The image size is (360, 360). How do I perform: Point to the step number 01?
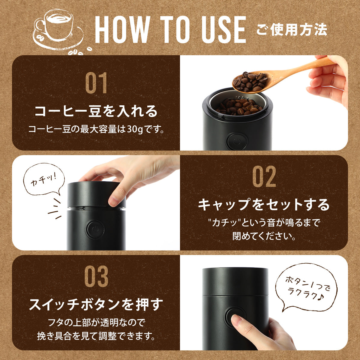pyautogui.click(x=96, y=83)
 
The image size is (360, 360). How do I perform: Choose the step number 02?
pyautogui.click(x=264, y=176)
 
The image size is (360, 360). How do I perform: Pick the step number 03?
pyautogui.click(x=96, y=276)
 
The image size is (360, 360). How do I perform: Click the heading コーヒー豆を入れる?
pyautogui.click(x=96, y=111)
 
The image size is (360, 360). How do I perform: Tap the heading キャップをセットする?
pyautogui.click(x=264, y=205)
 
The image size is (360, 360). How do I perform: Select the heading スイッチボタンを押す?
pyautogui.click(x=96, y=304)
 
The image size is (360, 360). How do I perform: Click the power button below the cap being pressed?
pyautogui.click(x=95, y=229)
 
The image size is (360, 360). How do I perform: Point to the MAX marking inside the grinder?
pyautogui.click(x=243, y=98)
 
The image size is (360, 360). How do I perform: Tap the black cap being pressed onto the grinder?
pyautogui.click(x=96, y=195)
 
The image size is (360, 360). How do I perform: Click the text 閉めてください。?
pyautogui.click(x=264, y=236)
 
